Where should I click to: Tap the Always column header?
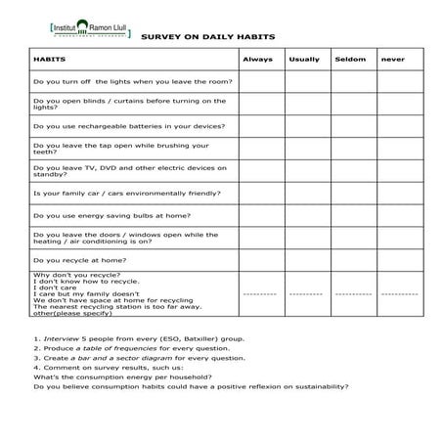(257, 60)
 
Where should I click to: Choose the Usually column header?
(304, 60)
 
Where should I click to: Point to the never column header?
(394, 60)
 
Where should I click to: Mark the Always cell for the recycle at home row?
(258, 260)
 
